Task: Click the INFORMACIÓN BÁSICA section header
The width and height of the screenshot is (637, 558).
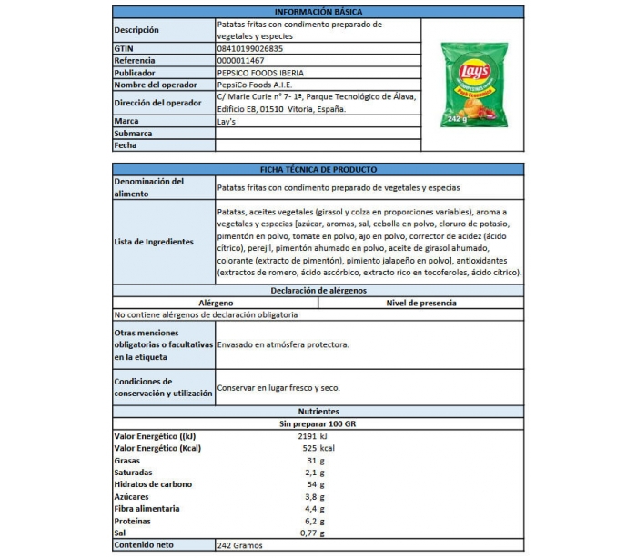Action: tap(318, 10)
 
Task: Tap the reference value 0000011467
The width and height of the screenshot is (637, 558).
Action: tap(247, 60)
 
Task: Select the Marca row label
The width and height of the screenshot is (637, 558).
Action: tap(126, 121)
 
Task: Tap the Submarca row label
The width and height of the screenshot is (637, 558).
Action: tap(134, 133)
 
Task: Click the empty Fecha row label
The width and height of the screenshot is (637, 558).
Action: tap(126, 144)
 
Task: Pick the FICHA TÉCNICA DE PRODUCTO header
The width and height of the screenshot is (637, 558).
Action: tap(318, 169)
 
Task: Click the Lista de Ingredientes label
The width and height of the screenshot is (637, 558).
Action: tap(154, 242)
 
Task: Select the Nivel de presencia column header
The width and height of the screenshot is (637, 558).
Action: tap(421, 303)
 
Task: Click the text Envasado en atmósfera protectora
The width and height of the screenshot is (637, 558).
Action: tap(284, 345)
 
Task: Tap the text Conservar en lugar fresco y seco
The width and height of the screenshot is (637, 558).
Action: tap(278, 388)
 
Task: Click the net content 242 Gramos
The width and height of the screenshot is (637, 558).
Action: tap(240, 545)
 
